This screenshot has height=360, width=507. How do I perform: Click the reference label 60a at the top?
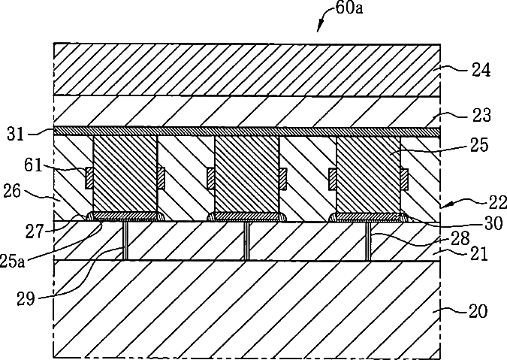point(347,10)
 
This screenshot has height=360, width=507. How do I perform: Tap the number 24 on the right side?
point(481,71)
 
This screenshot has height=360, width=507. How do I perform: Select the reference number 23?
point(481,116)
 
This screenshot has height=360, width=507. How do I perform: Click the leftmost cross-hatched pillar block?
point(125,174)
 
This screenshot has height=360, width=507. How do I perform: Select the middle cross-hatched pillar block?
point(246,174)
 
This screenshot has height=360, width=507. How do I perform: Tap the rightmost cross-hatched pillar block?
point(368,174)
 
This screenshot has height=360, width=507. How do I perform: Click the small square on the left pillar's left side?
point(89,177)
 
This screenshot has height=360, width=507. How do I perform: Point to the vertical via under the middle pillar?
point(246,241)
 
